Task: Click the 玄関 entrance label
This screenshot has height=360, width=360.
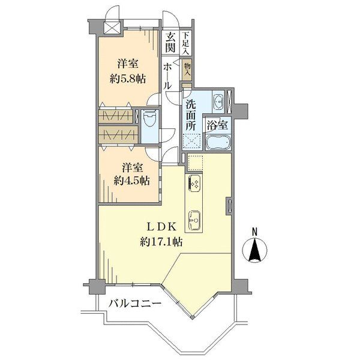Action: [170, 42]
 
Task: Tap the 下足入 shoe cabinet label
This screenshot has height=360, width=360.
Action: [185, 43]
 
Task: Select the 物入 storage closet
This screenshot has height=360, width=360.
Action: [187, 70]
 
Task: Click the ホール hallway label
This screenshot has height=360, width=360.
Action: [167, 76]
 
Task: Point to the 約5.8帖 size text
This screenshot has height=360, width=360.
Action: [128, 79]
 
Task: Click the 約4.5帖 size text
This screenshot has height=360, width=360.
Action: [132, 181]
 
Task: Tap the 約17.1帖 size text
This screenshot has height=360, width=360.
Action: [161, 242]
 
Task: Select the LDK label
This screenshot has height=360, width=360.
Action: [161, 227]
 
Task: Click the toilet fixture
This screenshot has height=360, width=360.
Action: [149, 118]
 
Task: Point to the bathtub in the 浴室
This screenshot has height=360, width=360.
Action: [218, 142]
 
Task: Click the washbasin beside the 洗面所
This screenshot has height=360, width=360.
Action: [218, 101]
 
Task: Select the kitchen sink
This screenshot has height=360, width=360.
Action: [194, 220]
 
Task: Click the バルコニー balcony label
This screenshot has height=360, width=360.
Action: [135, 304]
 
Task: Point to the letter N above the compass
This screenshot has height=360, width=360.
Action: [254, 232]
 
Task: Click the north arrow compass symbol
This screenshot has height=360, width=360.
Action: [254, 250]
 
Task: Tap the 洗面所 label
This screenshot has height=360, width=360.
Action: [191, 115]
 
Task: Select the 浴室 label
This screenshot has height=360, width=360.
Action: [217, 125]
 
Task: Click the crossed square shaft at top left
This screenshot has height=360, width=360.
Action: [112, 28]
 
